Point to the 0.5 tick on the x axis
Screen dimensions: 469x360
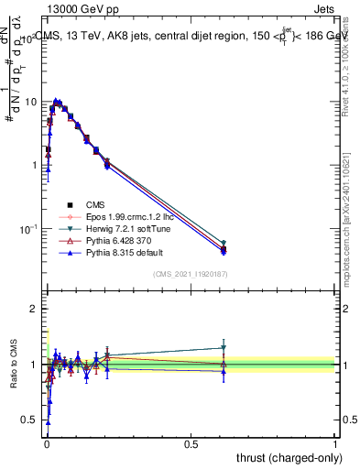(x=191, y=443)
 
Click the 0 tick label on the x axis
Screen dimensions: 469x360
(x=47, y=443)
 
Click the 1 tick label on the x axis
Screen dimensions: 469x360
(x=335, y=443)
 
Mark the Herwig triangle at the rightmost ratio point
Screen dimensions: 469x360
(x=224, y=348)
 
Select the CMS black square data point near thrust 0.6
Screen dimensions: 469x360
(x=224, y=249)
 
